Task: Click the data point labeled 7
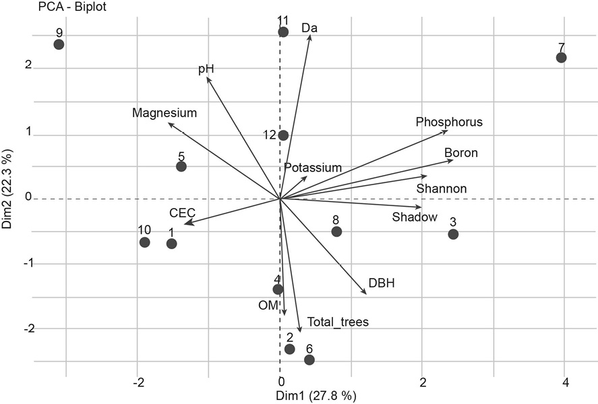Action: pos(561,58)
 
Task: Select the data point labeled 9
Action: pos(59,44)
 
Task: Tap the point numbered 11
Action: pos(283,32)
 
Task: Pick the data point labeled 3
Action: pos(453,234)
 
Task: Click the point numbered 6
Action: pos(309,360)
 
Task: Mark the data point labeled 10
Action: pos(144,242)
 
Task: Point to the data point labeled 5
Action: pos(181,166)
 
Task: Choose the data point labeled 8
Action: pos(336,232)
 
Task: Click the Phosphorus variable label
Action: pos(449,122)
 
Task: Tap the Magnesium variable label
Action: pos(165,113)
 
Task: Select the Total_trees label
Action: pos(338,322)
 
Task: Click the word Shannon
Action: pos(442,189)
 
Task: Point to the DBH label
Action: pos(382,283)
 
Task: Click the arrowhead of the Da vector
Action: pos(310,36)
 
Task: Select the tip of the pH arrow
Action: pos(208,78)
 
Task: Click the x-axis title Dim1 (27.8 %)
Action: pos(316,395)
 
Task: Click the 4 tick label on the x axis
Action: pos(565,382)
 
